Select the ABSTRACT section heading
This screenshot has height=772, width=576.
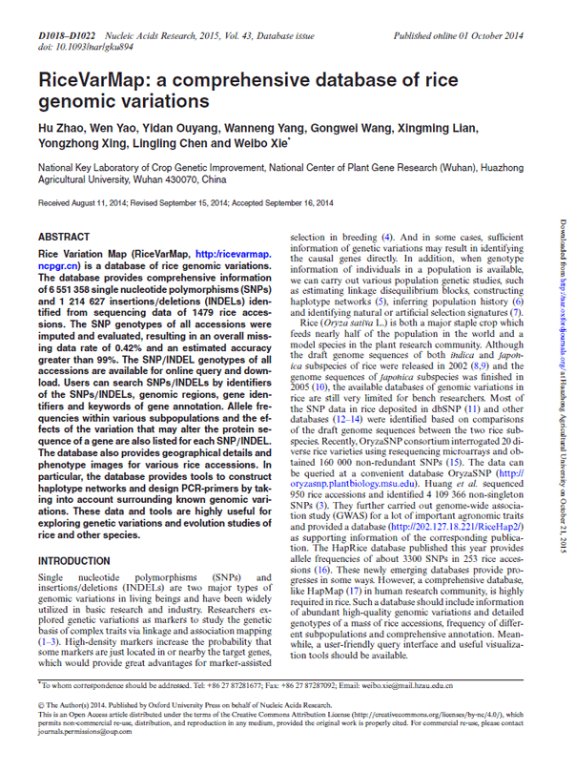(x=65, y=235)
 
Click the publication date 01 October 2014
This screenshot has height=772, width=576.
(x=492, y=35)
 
